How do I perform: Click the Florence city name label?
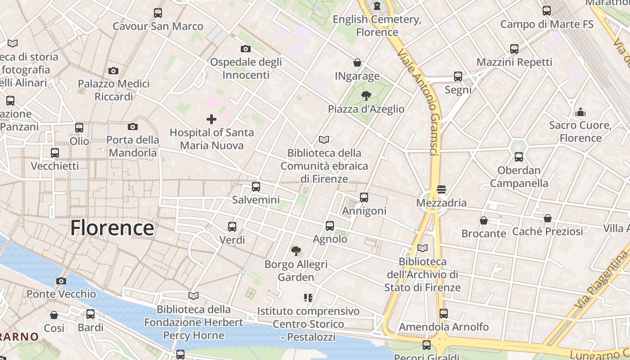point(112,228)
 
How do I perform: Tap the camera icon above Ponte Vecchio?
point(61,281)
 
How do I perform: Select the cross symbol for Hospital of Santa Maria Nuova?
point(211,119)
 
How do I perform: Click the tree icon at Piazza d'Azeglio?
point(366,95)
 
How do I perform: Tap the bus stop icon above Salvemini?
point(256,186)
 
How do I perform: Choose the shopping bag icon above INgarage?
point(357,63)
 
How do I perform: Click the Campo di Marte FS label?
point(547,24)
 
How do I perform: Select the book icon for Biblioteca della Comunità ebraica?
point(324,139)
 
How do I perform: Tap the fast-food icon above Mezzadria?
point(441,189)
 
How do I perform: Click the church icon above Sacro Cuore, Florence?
point(580,112)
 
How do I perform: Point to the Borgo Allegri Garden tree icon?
point(296,251)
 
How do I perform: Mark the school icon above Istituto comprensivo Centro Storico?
point(308,297)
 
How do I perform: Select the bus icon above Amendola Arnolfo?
point(444,313)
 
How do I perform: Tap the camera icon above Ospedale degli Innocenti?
point(246,49)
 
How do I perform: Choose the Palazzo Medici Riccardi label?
point(113,90)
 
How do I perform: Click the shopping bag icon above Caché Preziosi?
point(548,218)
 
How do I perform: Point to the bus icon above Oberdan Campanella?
point(519,157)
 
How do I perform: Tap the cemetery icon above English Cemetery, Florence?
point(377,6)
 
